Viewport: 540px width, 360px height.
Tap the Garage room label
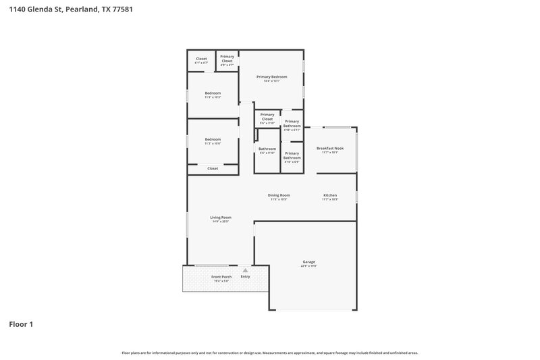coord(308,261)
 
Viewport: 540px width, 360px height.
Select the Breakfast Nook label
coord(330,148)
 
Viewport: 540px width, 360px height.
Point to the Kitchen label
coord(330,195)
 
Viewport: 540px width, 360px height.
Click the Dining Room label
coord(279,195)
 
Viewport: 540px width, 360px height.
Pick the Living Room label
coord(221,217)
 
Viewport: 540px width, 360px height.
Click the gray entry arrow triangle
coord(245,270)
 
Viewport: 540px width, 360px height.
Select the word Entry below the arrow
coord(245,276)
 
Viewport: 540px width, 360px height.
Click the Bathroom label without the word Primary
coord(267,149)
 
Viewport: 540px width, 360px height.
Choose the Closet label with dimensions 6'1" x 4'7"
coord(201,59)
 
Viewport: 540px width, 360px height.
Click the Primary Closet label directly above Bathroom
coord(267,117)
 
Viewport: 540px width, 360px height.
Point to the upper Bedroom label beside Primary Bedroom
coord(213,93)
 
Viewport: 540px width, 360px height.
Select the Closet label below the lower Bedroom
coord(213,168)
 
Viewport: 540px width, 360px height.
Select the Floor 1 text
coord(21,324)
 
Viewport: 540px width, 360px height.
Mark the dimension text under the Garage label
coord(308,266)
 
